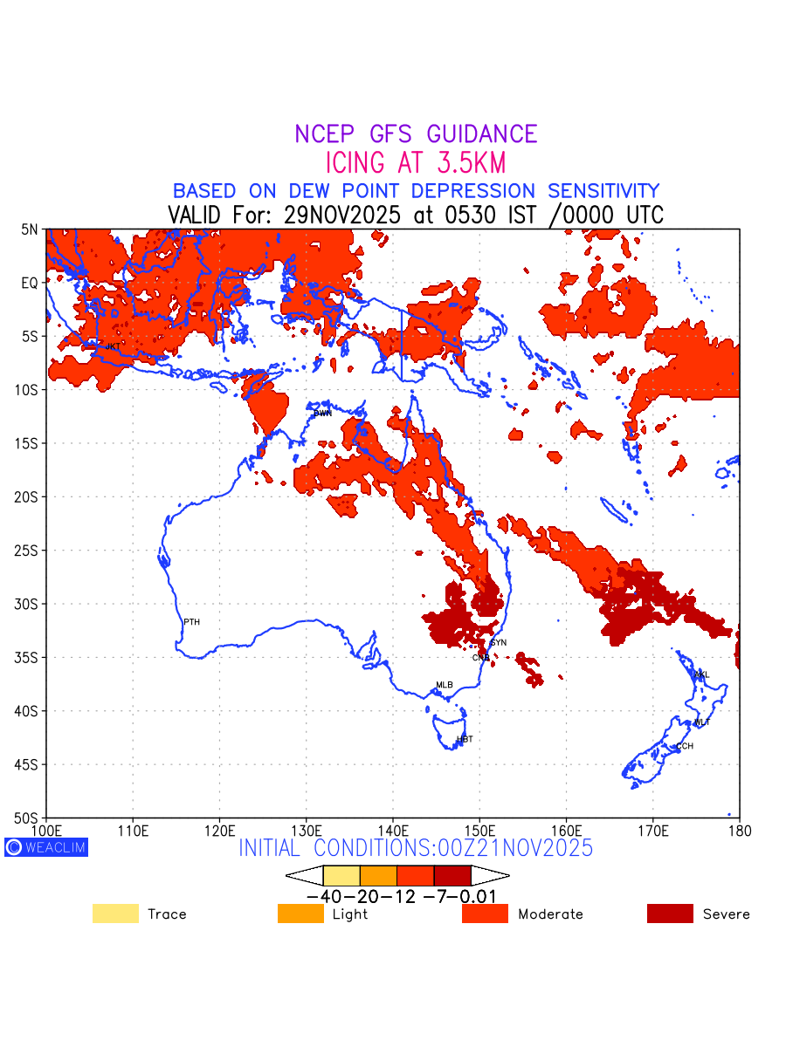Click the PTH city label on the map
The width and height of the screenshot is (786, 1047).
point(191,622)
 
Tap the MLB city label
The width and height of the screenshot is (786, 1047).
point(445,685)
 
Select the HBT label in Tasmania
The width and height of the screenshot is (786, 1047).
point(465,739)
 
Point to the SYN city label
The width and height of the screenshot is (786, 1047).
point(498,643)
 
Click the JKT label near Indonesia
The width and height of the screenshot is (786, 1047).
point(114,346)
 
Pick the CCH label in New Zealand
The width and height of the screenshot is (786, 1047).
point(685,746)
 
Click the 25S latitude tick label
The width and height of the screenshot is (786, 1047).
point(27,551)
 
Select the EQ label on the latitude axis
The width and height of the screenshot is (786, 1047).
point(31,283)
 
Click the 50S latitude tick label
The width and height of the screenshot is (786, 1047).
point(27,818)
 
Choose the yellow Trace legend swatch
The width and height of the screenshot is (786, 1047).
point(115,914)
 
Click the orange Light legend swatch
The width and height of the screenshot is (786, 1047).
point(300,914)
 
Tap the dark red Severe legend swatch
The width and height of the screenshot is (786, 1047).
point(670,914)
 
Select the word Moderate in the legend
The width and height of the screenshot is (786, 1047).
point(550,914)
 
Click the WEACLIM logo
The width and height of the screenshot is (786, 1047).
point(46,846)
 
